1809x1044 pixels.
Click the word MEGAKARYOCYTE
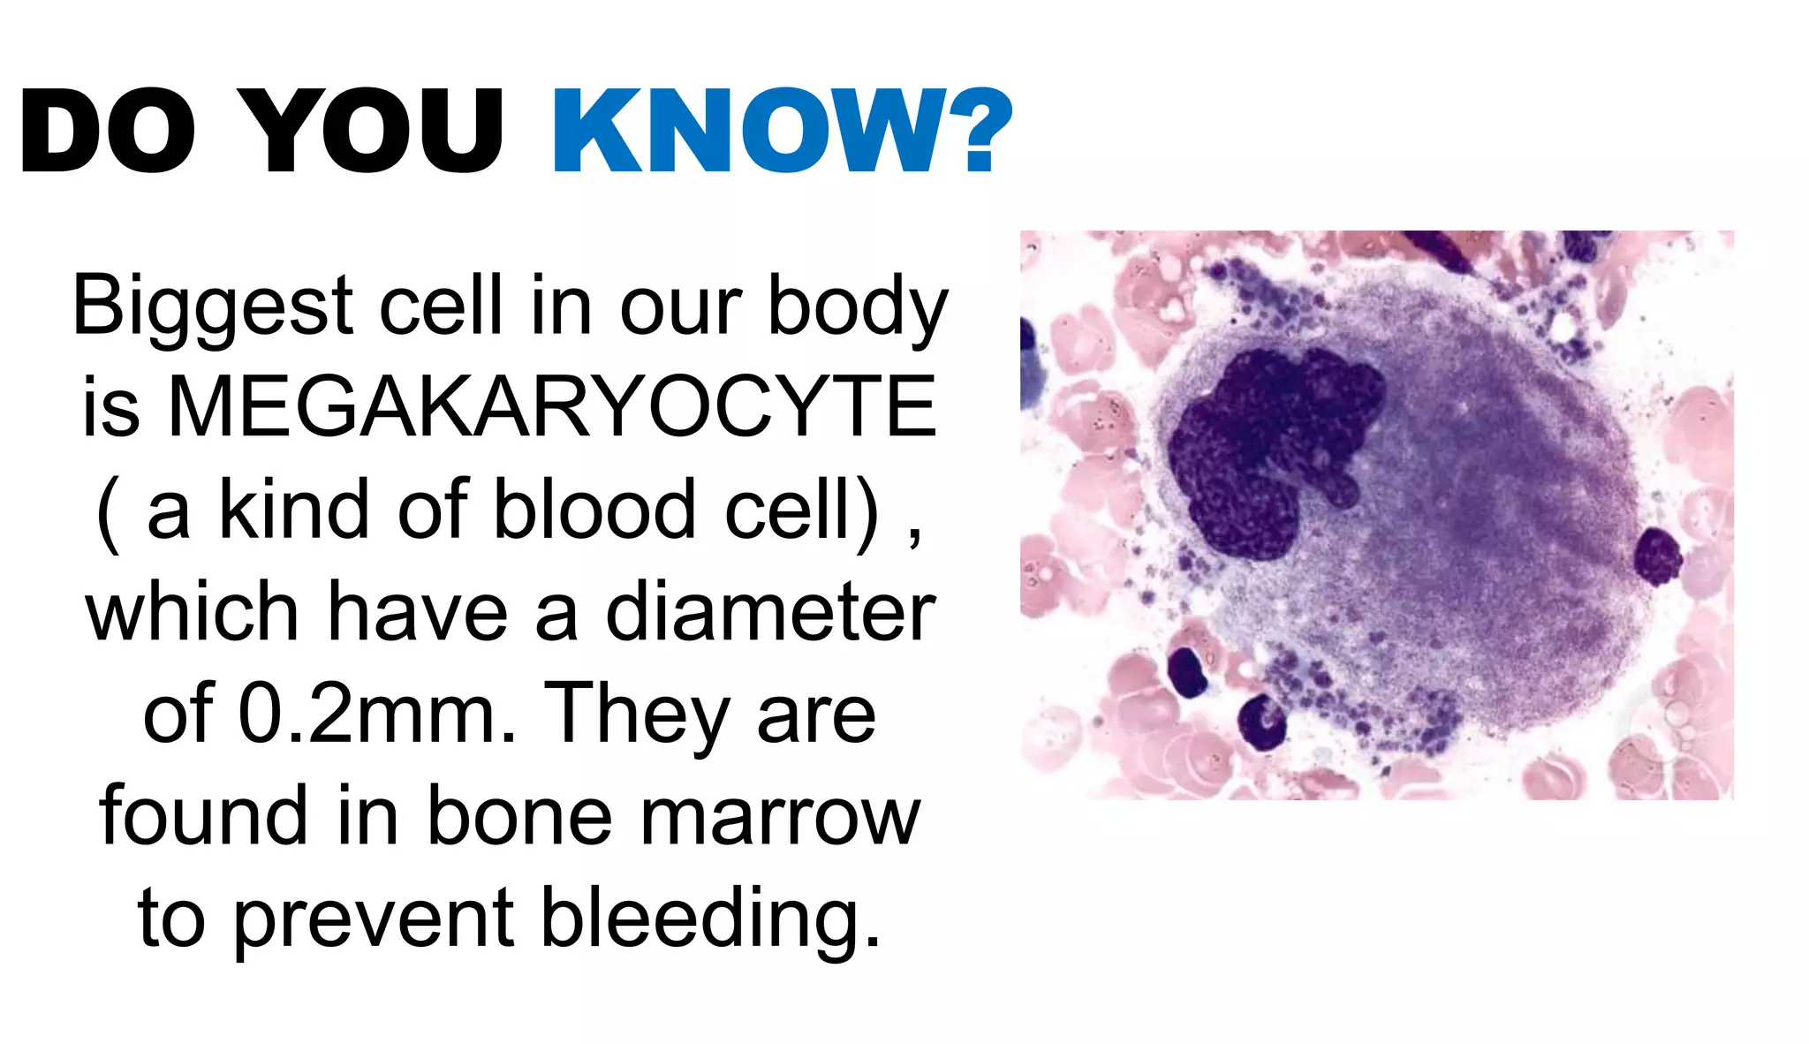click(552, 407)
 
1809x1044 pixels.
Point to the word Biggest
click(212, 307)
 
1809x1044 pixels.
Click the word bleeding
click(710, 919)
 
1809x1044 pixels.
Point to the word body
click(858, 307)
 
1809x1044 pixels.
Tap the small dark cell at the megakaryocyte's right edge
click(1657, 556)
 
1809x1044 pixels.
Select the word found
click(204, 817)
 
